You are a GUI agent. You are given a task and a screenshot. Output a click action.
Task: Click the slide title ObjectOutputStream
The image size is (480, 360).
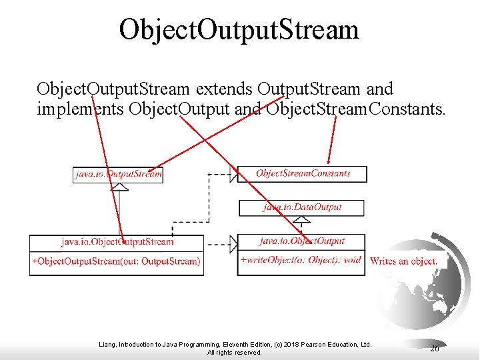pyautogui.click(x=239, y=29)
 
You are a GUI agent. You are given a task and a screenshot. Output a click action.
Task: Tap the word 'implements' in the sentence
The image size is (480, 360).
pyautogui.click(x=80, y=109)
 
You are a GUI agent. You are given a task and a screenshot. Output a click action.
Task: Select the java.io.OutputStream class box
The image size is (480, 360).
pyautogui.click(x=117, y=174)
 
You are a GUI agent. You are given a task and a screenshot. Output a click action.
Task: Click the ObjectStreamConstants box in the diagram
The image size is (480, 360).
pyautogui.click(x=303, y=173)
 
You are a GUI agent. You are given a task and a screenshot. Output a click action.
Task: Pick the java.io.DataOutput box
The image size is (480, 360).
pyautogui.click(x=302, y=207)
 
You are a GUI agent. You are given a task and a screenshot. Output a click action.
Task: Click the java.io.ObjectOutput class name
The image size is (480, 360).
pyautogui.click(x=302, y=241)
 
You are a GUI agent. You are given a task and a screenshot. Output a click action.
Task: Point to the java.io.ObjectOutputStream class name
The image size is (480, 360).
pyautogui.click(x=117, y=241)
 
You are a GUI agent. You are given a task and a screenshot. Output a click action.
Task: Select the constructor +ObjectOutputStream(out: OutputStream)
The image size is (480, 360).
pyautogui.click(x=116, y=261)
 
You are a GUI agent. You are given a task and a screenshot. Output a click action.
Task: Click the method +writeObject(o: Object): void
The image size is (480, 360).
pyautogui.click(x=301, y=260)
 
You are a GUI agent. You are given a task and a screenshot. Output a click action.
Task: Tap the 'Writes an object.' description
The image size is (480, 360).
pyautogui.click(x=404, y=261)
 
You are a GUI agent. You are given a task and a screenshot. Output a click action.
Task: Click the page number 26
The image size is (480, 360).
pyautogui.click(x=435, y=348)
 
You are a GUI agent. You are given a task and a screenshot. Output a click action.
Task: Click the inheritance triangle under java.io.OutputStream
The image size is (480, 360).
pyautogui.click(x=119, y=187)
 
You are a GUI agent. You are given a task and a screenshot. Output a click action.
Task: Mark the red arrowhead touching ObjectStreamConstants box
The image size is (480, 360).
pyautogui.click(x=328, y=160)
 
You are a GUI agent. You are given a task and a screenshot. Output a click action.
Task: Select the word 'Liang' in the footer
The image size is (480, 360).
pyautogui.click(x=107, y=344)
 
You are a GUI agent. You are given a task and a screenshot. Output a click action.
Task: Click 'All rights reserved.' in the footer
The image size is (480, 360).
pyautogui.click(x=235, y=352)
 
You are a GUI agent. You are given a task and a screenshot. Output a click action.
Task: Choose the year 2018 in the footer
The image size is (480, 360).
pyautogui.click(x=282, y=344)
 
